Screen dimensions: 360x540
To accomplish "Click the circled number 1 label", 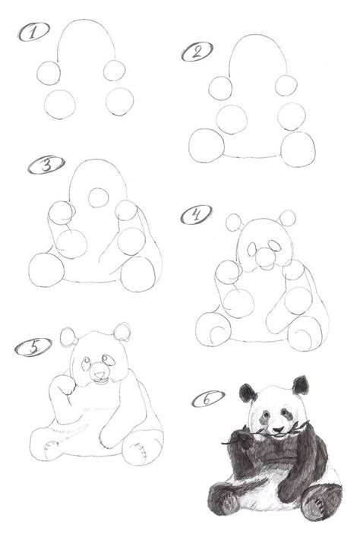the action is click(33, 32).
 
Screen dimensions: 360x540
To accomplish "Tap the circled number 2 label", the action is click(197, 52).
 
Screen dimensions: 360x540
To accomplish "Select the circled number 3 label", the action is click(46, 165).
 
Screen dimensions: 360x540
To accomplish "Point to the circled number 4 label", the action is click(197, 215).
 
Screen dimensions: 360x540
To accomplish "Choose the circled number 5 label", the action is click(33, 347).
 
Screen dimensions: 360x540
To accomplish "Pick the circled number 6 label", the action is click(208, 399).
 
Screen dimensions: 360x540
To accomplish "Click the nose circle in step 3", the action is click(99, 197).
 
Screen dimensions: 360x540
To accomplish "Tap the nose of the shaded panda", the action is click(278, 429).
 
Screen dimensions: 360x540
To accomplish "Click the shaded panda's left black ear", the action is click(248, 393).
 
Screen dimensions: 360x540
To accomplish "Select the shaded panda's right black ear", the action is click(301, 385).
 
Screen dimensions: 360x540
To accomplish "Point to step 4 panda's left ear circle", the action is click(235, 223).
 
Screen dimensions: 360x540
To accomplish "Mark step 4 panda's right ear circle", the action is click(287, 218).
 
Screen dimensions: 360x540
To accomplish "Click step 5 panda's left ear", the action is click(68, 337).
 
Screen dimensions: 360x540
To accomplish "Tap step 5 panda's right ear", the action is click(122, 332).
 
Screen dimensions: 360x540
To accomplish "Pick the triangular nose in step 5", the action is click(99, 375).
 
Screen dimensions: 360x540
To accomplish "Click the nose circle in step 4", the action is click(265, 258).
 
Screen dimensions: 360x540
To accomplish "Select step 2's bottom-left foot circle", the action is click(207, 146).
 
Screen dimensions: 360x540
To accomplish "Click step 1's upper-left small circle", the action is click(49, 73).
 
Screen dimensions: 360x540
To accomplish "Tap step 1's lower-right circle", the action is click(119, 102).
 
